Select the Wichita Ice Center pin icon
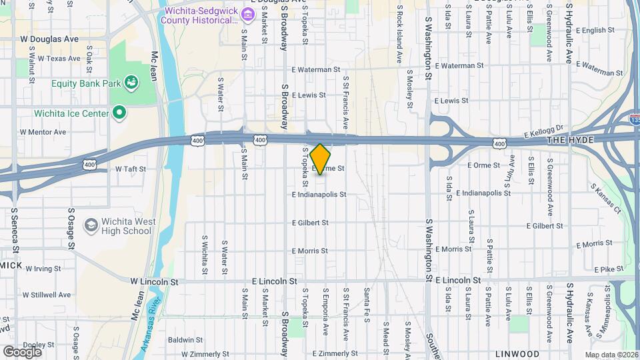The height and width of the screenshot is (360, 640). [x=120, y=113]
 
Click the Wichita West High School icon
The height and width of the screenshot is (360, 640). [x=89, y=226]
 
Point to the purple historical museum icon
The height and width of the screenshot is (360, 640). [x=247, y=14]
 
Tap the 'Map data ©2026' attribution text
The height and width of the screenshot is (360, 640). [x=611, y=354]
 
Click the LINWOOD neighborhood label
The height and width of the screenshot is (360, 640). [x=517, y=353]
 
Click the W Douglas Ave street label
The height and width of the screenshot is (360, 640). [x=49, y=39]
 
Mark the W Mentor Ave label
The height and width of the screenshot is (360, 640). [x=43, y=132]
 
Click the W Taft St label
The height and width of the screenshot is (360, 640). [x=130, y=169]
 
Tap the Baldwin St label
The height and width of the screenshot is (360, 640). [x=181, y=339]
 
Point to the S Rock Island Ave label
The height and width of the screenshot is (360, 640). [x=399, y=37]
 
